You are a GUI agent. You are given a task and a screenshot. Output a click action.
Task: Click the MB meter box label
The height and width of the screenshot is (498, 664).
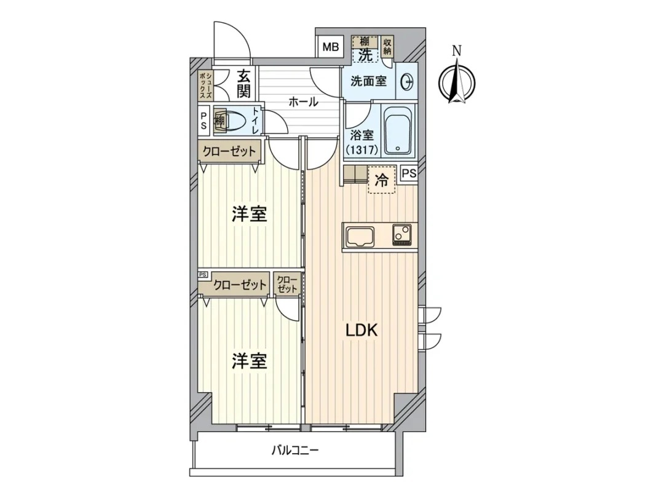pos(331,47)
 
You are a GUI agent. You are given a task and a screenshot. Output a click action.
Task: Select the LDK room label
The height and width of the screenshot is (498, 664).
pos(362,330)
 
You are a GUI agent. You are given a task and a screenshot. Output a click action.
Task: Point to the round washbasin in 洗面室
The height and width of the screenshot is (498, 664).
pos(408,82)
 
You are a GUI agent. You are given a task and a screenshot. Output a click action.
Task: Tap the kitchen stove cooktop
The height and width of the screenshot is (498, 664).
pos(402,235)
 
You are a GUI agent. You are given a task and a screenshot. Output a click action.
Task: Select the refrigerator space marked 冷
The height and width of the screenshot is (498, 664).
pos(382,180)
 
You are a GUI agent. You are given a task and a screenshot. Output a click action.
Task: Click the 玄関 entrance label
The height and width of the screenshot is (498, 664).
pos(243,84)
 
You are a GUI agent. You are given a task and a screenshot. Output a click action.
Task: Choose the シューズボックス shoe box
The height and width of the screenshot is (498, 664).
pos(206,85)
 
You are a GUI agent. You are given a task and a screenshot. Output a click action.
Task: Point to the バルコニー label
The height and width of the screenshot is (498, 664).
pos(294,450)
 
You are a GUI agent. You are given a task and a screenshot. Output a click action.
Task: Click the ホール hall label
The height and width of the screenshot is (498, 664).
pos(303,101)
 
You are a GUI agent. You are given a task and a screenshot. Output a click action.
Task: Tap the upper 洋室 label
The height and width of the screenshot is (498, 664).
pos(249,215)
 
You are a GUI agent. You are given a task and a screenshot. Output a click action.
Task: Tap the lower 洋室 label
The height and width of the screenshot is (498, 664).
pos(249,361)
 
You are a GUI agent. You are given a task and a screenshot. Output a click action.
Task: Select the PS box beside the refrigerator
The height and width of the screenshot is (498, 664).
pos(409,173)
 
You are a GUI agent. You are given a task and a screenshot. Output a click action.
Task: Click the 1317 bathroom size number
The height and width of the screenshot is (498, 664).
pos(362,150)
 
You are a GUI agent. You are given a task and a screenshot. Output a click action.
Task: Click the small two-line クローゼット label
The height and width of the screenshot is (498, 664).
pos(287,284)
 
